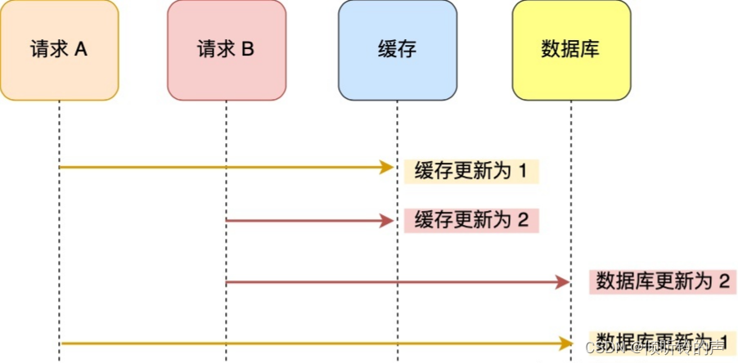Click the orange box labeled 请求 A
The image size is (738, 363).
tap(60, 50)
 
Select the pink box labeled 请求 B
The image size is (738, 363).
tap(227, 50)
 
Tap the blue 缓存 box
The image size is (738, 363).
tap(397, 50)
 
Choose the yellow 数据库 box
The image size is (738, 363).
tap(571, 50)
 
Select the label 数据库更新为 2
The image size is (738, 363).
tap(663, 282)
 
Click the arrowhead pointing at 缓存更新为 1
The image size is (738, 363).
tap(388, 168)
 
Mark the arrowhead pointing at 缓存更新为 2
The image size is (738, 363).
tap(388, 221)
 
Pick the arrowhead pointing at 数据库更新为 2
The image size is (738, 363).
tap(562, 282)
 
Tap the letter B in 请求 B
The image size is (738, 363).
tap(247, 49)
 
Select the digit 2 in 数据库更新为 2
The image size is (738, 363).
tap(723, 282)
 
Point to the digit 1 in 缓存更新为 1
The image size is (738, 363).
tap(523, 171)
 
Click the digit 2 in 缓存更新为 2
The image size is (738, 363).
tap(523, 221)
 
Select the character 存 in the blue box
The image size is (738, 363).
tap(407, 49)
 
